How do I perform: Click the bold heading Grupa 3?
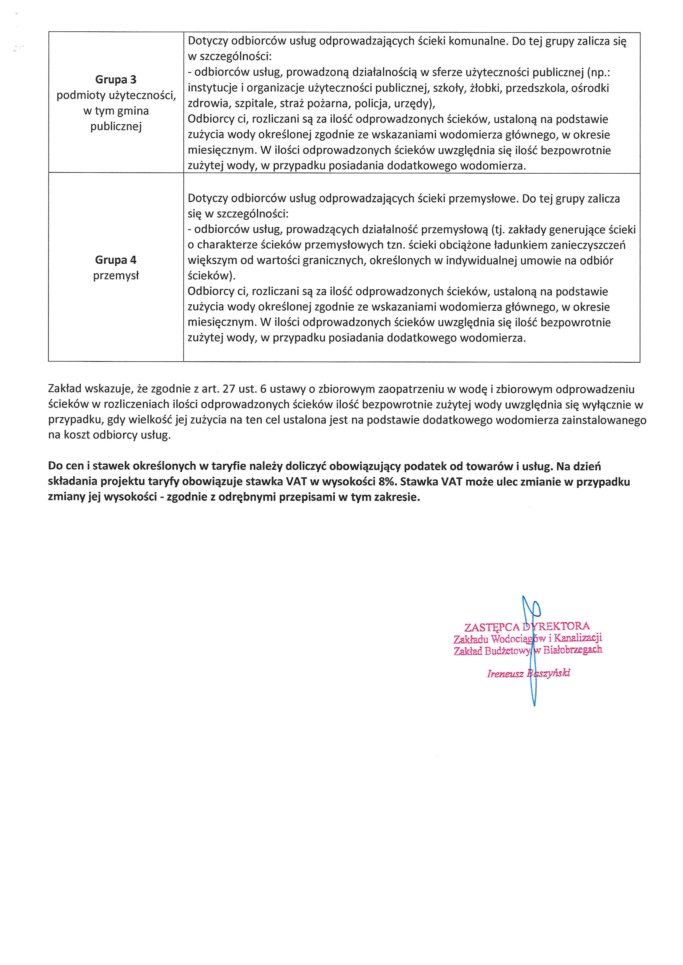click(x=116, y=80)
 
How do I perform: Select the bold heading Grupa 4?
click(x=116, y=260)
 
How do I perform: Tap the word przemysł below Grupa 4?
click(x=116, y=276)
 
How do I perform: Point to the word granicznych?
click(x=329, y=261)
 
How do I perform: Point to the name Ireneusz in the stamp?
click(x=505, y=674)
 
